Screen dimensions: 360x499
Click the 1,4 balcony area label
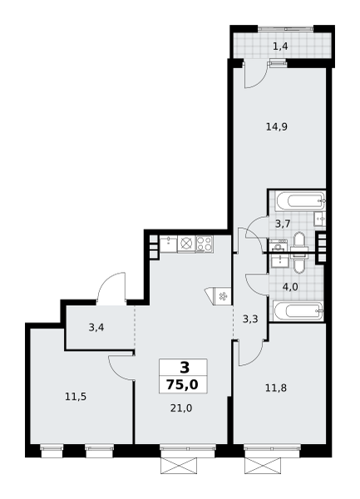(x=280, y=47)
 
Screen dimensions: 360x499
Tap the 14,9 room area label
(x=277, y=127)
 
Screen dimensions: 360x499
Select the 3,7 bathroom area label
(x=283, y=225)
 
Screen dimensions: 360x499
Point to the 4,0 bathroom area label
(x=290, y=288)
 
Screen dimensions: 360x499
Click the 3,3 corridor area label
(x=250, y=319)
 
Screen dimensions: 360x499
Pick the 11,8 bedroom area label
(x=276, y=388)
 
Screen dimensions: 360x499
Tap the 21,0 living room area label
(x=181, y=408)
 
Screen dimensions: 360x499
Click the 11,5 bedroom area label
(x=76, y=397)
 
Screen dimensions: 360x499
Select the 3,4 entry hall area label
(x=96, y=328)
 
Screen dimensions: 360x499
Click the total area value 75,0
(x=182, y=385)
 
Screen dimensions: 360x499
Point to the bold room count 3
(x=185, y=368)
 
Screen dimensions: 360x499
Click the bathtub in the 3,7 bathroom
(x=300, y=200)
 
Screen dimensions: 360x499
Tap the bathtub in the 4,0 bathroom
(x=298, y=311)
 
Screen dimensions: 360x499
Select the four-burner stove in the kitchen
(x=205, y=244)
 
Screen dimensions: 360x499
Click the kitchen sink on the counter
(x=168, y=244)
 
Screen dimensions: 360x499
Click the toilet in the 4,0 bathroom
(x=299, y=264)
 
